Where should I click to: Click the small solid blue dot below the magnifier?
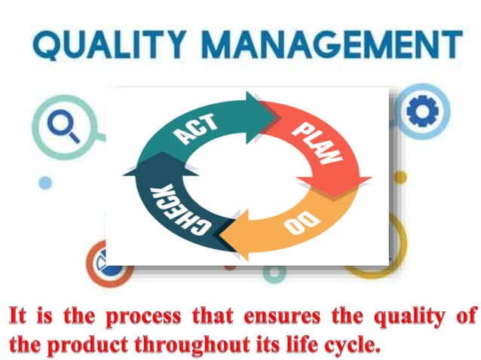45,182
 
